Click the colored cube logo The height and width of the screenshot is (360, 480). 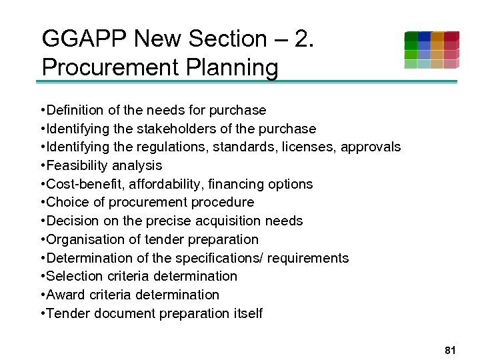point(431,50)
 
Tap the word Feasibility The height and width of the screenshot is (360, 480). point(77,165)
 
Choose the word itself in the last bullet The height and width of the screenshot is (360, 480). point(245,313)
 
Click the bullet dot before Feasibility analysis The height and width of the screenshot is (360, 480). point(42,165)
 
